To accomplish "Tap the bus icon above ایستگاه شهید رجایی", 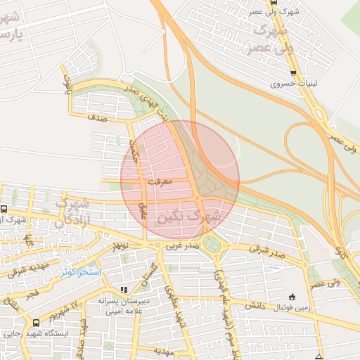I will pos(36,323).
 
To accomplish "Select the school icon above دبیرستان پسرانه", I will pos(124,289).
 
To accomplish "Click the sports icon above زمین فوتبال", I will pos(292,296).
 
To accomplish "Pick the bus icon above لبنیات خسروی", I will pos(293,72).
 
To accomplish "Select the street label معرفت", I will pos(161,181).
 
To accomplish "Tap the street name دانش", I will pos(253,307).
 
